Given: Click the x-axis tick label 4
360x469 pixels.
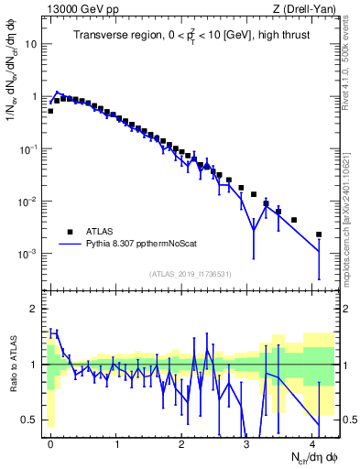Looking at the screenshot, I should [x=312, y=442].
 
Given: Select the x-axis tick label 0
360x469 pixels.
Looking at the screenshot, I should [x=51, y=442].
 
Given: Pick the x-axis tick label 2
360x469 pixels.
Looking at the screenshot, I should [x=182, y=442].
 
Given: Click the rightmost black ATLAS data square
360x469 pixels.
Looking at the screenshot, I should [x=319, y=234].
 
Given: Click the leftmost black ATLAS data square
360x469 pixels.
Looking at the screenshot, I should [x=50, y=111].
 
